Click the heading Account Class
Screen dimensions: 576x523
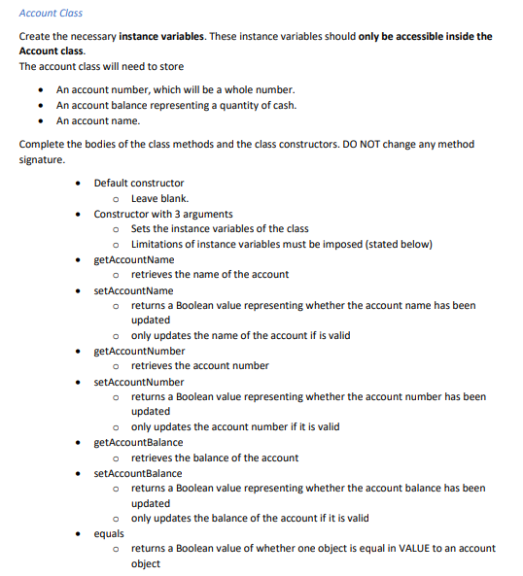click(51, 13)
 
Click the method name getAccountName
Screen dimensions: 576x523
click(134, 259)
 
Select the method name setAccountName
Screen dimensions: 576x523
click(133, 289)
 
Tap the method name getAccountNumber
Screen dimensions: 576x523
click(139, 351)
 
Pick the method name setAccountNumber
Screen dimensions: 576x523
click(138, 382)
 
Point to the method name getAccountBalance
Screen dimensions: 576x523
click(138, 442)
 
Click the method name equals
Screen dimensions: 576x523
click(108, 533)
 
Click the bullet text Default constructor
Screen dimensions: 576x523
click(138, 183)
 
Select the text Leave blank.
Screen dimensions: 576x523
click(159, 198)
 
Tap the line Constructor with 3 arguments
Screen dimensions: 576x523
click(162, 214)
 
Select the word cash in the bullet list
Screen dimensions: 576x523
click(282, 105)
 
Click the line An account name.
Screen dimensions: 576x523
click(97, 120)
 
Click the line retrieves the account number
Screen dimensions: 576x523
click(199, 366)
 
